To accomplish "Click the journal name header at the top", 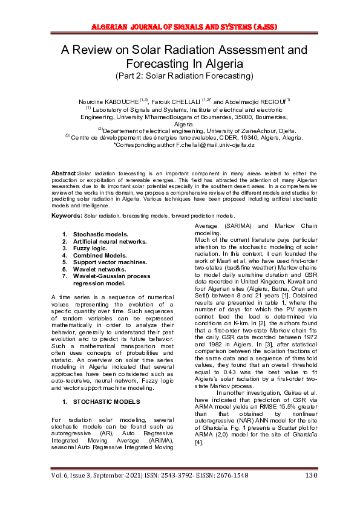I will (x=180, y=27).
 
